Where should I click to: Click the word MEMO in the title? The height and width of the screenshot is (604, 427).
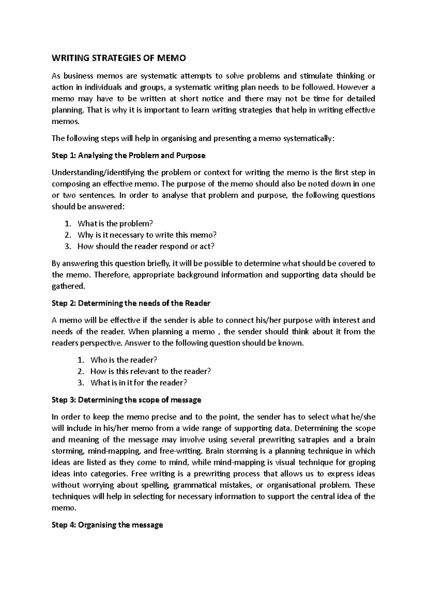(173, 58)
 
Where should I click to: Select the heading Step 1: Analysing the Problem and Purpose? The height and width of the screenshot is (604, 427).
(128, 155)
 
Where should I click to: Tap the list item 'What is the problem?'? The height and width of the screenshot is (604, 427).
(115, 224)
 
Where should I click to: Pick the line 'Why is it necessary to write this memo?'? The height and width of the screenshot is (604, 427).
(147, 235)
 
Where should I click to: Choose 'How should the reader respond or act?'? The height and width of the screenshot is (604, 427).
(146, 247)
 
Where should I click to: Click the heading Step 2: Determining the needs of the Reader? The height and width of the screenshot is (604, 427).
(131, 303)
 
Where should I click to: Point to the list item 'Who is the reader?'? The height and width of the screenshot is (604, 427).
(123, 360)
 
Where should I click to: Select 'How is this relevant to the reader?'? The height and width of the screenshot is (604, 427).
(151, 371)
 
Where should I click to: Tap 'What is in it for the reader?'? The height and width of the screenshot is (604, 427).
(139, 383)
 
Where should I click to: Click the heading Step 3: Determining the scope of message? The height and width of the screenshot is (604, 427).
(126, 400)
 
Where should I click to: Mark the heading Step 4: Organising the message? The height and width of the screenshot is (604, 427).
(107, 525)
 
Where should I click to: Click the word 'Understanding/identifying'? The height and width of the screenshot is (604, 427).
(98, 173)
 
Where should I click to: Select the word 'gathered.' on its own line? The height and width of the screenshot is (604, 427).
(69, 286)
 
